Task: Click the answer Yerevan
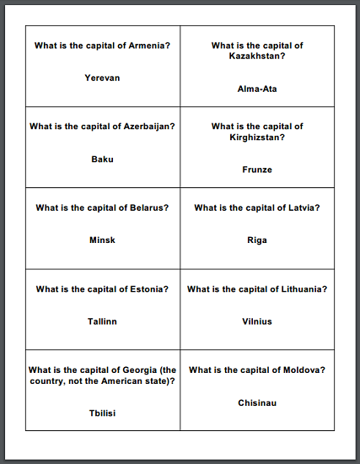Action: (102, 78)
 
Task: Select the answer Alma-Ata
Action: (257, 89)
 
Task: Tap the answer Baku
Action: (102, 159)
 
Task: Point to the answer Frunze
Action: (257, 170)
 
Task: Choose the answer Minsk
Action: (102, 240)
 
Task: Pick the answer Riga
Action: (257, 240)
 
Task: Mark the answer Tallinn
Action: (102, 321)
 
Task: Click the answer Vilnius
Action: (257, 321)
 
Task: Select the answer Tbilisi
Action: (102, 413)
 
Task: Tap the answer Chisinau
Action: (257, 402)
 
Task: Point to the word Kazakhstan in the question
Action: (256, 57)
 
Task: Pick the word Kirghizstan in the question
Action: (256, 138)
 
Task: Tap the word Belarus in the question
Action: (148, 208)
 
